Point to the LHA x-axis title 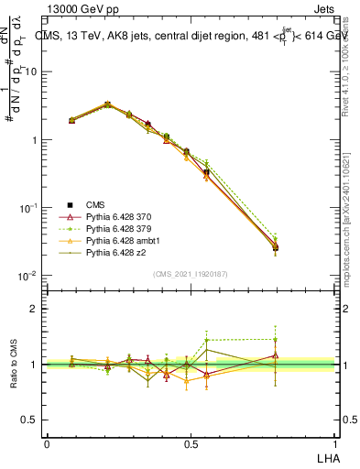pos(327,455)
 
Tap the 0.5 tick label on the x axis pos(191,443)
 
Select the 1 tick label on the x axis pos(335,443)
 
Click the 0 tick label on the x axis pos(47,443)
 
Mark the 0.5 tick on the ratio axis pos(30,420)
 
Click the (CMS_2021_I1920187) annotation pos(190,274)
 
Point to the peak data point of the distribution pos(107,104)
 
